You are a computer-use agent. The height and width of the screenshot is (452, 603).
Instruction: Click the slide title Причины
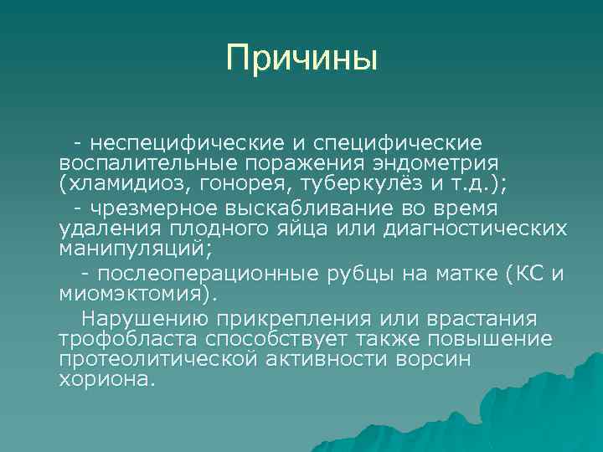pos(301,59)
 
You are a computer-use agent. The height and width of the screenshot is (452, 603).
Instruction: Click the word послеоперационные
pos(210,274)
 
